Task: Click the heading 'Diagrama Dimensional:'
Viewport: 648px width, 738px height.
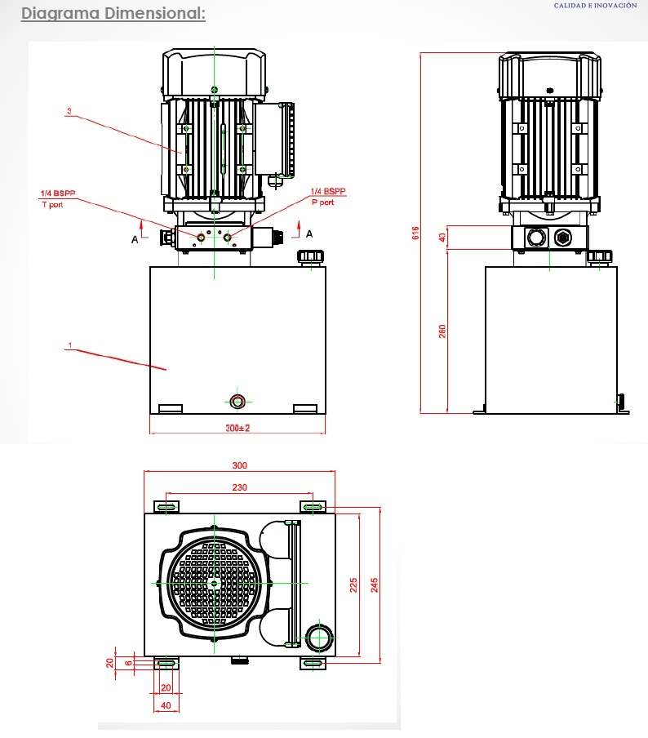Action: pos(113,14)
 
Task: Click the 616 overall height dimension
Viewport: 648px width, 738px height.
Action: pos(415,233)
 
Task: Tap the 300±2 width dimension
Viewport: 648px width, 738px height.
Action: pos(237,428)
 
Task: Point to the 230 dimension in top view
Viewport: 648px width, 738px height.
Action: pos(238,487)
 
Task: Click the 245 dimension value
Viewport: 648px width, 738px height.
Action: pos(375,585)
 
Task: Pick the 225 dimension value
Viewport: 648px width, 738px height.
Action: pos(353,586)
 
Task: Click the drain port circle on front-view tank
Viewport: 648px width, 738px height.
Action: pos(237,401)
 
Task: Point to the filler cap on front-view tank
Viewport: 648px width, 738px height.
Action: pos(311,257)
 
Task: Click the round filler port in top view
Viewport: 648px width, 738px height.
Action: pos(317,637)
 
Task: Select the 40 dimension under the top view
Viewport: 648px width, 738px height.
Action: pos(166,705)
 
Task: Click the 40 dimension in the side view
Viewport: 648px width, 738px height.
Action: pos(442,238)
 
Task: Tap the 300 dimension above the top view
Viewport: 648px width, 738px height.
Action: pos(239,465)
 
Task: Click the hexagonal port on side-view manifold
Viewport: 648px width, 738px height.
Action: pos(562,238)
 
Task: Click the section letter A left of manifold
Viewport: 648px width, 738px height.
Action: pos(135,239)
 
